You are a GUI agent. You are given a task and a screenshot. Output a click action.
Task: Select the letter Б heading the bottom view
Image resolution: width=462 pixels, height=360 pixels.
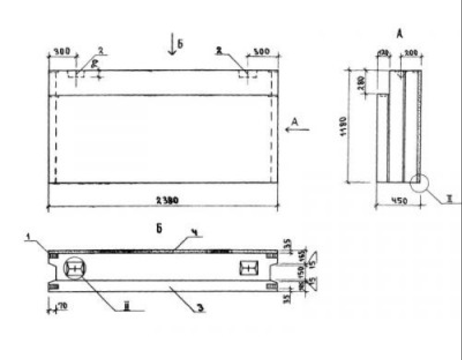[x=160, y=229]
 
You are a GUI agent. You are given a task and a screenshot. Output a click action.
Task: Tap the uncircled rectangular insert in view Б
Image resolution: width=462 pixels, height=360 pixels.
[x=249, y=268]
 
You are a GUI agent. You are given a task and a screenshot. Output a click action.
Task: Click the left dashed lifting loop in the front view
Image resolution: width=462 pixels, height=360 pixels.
[x=75, y=75]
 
